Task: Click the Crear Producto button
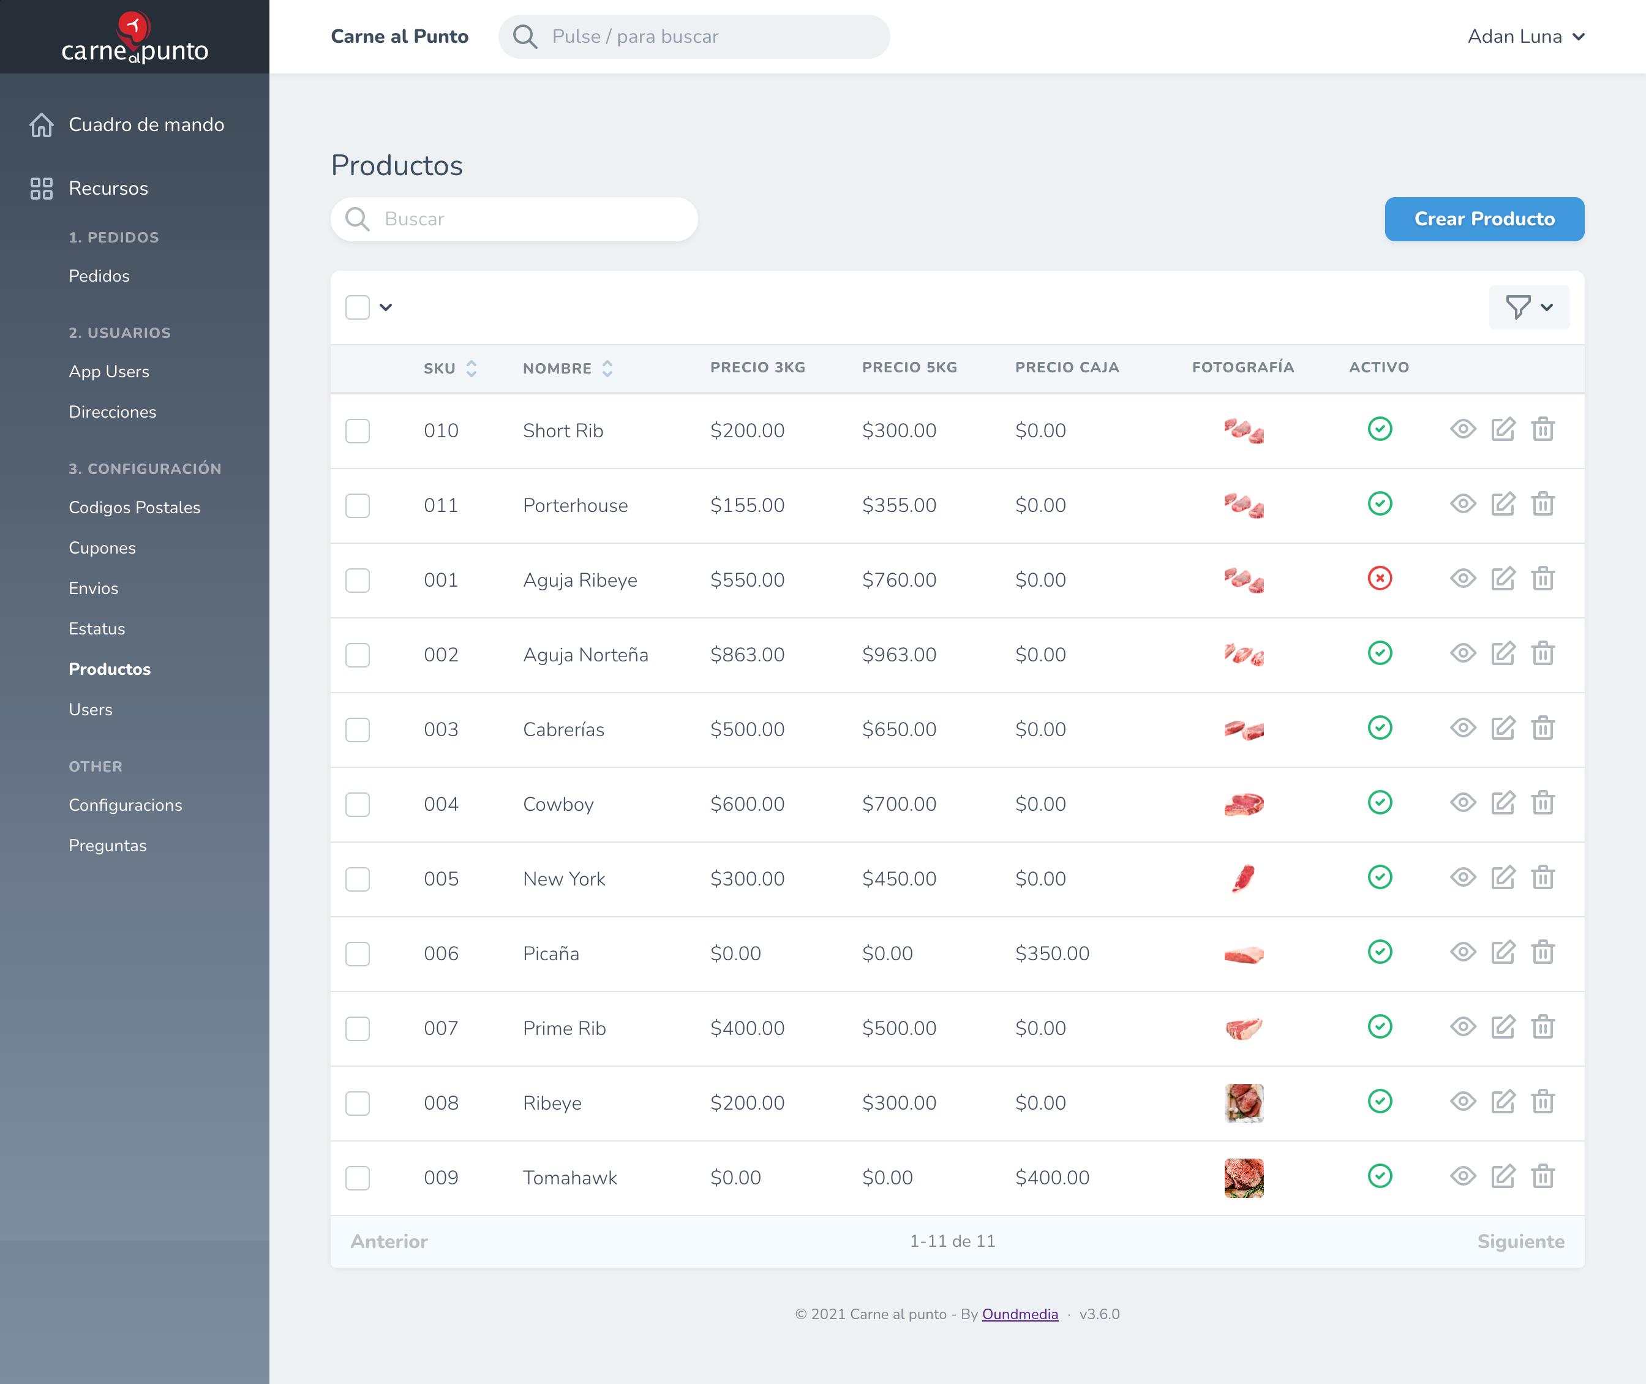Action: [x=1484, y=219]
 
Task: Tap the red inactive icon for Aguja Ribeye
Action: [x=1379, y=578]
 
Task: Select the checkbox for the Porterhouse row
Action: [x=358, y=505]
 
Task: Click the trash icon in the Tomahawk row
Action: [x=1543, y=1176]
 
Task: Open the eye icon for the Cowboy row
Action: [x=1462, y=803]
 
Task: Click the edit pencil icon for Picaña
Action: [x=1503, y=952]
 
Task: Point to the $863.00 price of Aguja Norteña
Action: [x=747, y=655]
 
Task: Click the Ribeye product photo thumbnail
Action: [x=1244, y=1102]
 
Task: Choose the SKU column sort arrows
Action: [x=471, y=368]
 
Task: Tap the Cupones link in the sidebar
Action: [x=102, y=547]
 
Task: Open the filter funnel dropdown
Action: [x=1528, y=307]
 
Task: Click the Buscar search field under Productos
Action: [x=514, y=219]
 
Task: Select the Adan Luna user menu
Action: [x=1526, y=37]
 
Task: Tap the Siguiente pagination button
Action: [x=1520, y=1241]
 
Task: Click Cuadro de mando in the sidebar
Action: [x=146, y=125]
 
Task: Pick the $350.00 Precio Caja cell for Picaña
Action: [x=1051, y=953]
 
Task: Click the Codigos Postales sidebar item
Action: [x=134, y=508]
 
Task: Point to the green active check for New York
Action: [x=1379, y=877]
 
